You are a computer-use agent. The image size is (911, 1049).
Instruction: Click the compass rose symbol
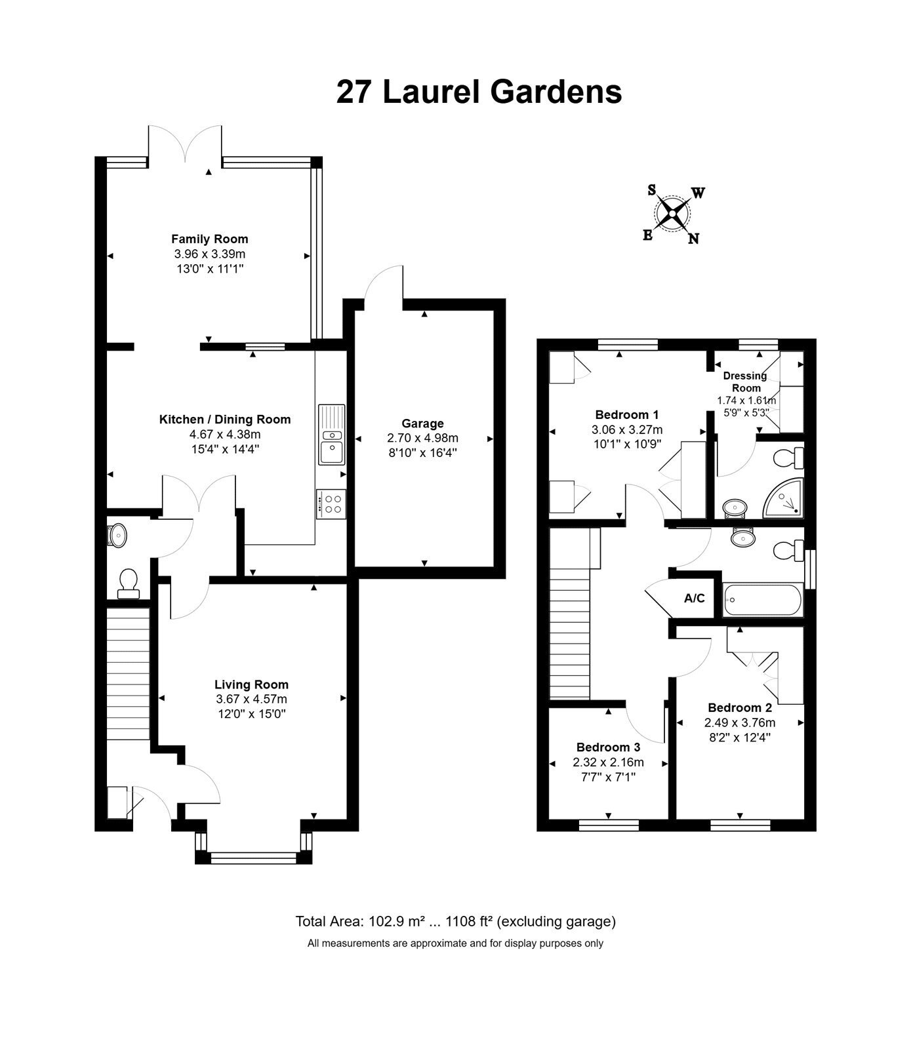tap(672, 214)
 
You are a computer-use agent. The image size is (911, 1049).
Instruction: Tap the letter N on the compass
tap(693, 239)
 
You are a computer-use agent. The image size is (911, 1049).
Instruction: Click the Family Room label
tap(210, 239)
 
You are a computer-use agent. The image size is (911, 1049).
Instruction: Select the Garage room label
tap(423, 424)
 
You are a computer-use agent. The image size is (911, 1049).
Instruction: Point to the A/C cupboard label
tap(695, 598)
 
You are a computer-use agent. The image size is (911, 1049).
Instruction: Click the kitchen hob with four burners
tap(331, 504)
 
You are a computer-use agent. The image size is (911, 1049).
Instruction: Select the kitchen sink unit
tap(331, 434)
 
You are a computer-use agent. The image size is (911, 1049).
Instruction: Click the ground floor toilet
tap(128, 584)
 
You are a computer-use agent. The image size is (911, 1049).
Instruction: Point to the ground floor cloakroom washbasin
tap(116, 535)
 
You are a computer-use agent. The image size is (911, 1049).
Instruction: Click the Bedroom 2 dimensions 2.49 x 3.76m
tap(740, 722)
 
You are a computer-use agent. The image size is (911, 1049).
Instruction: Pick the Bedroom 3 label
tap(608, 747)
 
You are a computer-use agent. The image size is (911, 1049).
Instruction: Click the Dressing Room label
tap(746, 382)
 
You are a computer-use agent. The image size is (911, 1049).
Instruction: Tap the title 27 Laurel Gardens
tap(479, 92)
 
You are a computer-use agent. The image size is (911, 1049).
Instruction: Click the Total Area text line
tap(455, 921)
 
